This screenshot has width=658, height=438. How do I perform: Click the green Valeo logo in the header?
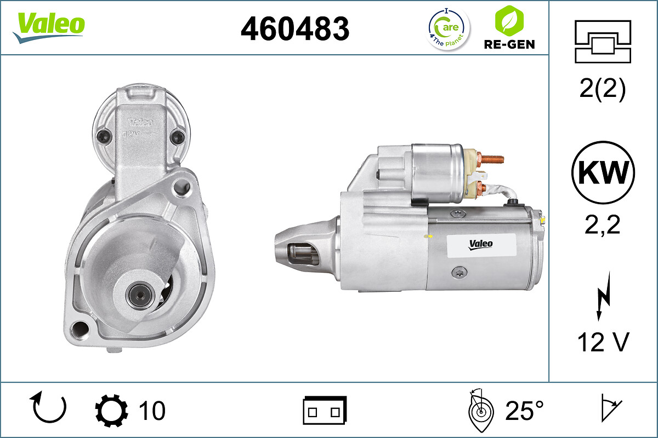49,27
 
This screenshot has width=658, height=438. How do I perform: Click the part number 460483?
295,28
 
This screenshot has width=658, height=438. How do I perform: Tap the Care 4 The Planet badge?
449,29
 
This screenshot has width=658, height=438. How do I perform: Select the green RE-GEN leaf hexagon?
509,20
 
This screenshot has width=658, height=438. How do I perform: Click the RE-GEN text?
509,44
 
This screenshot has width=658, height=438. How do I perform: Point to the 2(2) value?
603,89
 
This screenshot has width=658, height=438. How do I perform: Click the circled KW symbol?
603,172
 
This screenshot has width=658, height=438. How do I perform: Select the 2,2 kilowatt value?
602,224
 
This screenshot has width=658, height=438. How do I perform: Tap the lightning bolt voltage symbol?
604,296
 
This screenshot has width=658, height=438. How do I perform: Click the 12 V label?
603,342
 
